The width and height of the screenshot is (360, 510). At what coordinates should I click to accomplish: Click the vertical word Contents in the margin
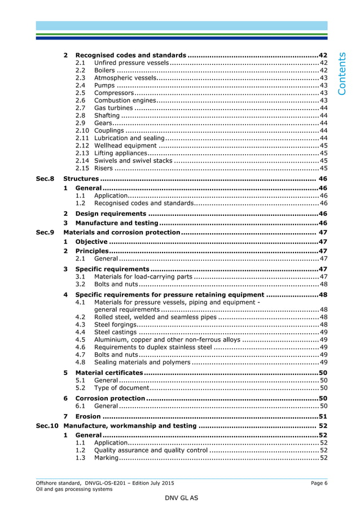344,73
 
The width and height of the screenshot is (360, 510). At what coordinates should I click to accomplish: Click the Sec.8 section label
45,178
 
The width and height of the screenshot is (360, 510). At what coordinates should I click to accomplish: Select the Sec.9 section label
45,232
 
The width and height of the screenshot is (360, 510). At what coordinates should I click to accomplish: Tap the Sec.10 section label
47,425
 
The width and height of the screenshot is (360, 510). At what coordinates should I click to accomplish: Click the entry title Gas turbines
113,107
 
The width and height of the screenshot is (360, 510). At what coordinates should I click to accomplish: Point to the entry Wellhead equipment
125,145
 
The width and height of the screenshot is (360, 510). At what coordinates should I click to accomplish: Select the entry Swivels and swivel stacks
133,160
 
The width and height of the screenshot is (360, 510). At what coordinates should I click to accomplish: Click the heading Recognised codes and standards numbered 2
130,55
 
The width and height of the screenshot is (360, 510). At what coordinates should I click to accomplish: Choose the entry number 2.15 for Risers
82,168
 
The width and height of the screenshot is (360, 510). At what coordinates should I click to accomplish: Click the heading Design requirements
111,214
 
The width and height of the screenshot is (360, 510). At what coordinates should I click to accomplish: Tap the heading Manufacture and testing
116,223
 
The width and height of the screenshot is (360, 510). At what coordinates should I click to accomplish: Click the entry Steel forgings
115,325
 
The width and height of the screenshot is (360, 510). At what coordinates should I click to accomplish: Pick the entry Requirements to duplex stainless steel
153,347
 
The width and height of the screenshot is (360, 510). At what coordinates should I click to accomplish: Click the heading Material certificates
109,373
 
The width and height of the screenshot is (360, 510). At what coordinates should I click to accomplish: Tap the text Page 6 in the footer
319,483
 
